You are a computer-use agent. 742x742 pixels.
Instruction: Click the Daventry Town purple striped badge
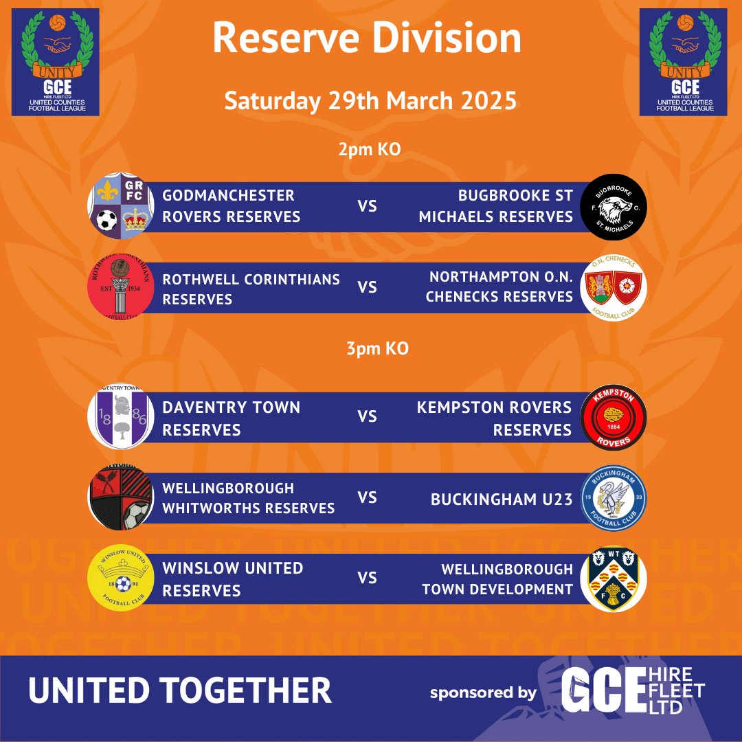(x=117, y=418)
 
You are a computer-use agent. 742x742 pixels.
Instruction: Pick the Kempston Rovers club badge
(x=614, y=418)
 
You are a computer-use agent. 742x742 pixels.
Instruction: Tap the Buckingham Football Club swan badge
(x=614, y=498)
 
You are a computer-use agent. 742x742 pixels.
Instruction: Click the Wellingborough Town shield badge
(x=614, y=578)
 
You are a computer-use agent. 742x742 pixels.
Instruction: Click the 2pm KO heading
(x=369, y=150)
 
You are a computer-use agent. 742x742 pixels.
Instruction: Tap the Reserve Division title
(x=366, y=38)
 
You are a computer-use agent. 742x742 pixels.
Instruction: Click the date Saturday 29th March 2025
(x=370, y=100)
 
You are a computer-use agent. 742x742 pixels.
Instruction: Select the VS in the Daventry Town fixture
(x=368, y=417)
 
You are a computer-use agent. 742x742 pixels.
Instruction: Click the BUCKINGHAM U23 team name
(x=502, y=499)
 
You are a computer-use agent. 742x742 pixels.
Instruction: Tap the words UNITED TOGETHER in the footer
(x=180, y=690)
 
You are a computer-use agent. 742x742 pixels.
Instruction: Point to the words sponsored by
(x=483, y=693)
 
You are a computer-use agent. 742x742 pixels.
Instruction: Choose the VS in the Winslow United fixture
(x=368, y=578)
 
